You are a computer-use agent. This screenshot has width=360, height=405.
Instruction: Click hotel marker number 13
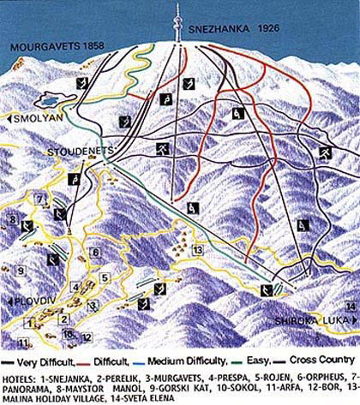tap(198, 249)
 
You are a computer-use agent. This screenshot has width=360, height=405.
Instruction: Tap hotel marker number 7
tap(38, 199)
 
